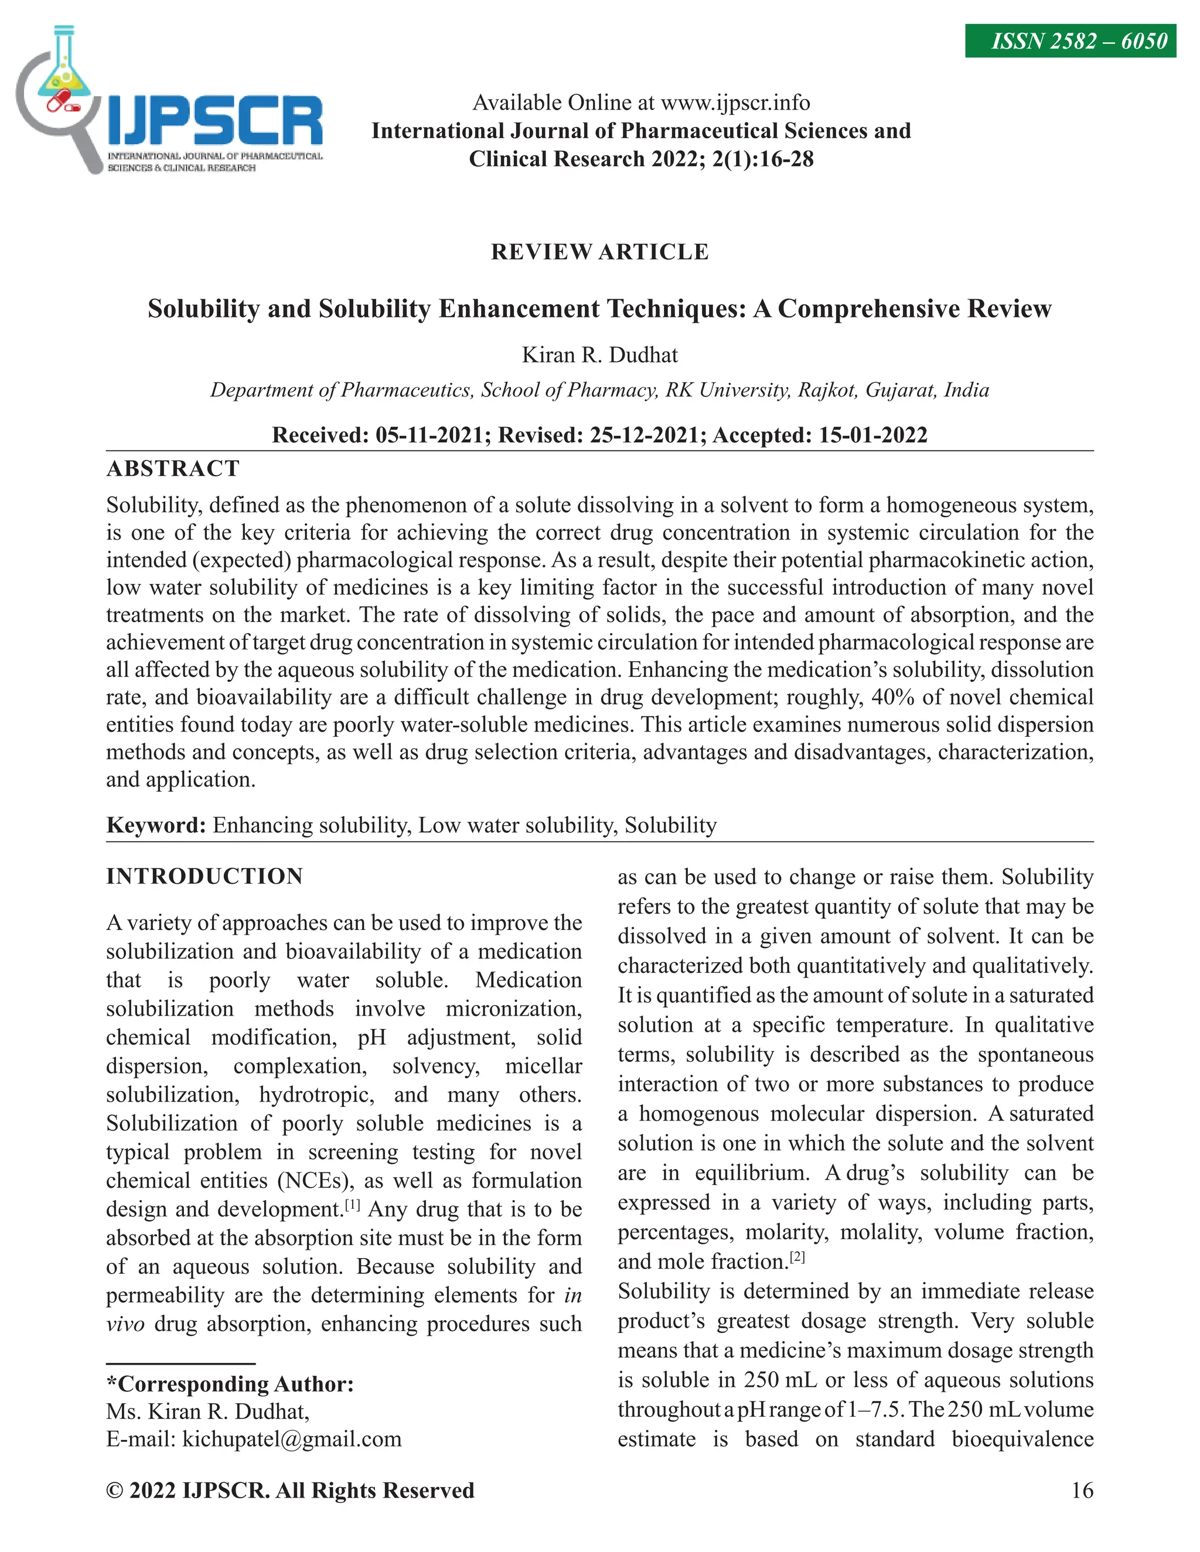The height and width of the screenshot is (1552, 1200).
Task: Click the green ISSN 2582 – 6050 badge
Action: (x=1070, y=41)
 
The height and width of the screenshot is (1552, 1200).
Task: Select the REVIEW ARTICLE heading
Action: (x=599, y=252)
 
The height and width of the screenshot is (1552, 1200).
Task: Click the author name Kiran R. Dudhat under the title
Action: (x=599, y=354)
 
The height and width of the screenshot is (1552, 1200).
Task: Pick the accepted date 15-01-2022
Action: (x=872, y=435)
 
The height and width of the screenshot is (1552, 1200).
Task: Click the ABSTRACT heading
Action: (x=173, y=469)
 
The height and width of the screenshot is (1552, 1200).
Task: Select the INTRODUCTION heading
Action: (x=204, y=876)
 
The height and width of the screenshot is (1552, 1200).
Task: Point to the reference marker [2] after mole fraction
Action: (x=797, y=1256)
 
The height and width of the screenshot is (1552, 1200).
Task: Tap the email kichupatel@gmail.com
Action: (x=291, y=1439)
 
